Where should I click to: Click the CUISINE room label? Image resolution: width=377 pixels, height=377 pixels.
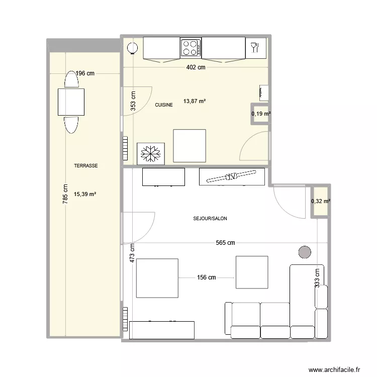click(164, 105)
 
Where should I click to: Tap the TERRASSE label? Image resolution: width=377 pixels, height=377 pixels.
click(86, 166)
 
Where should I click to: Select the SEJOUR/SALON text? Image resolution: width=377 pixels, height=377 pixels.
click(210, 219)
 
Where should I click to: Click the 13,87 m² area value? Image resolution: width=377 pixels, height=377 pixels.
click(195, 101)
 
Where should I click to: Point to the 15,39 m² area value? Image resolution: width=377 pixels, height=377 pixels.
click(85, 194)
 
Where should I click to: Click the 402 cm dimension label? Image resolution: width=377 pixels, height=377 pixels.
click(196, 67)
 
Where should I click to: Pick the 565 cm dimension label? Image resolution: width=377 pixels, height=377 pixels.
click(225, 243)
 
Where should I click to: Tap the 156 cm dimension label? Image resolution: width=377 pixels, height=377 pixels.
click(206, 277)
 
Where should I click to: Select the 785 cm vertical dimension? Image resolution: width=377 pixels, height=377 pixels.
click(65, 194)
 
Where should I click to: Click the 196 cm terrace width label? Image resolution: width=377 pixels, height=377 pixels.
click(85, 73)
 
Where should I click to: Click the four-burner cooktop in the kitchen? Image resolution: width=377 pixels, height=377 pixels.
click(191, 48)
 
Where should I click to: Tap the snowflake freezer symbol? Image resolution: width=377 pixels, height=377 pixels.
click(151, 154)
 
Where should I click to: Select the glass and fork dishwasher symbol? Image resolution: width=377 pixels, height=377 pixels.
click(256, 48)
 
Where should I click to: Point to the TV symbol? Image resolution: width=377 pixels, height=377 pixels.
click(232, 176)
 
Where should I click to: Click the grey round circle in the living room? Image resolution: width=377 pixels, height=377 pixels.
click(305, 252)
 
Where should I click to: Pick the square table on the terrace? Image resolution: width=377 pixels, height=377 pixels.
click(71, 102)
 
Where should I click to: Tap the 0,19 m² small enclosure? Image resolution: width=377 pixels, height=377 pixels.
click(260, 114)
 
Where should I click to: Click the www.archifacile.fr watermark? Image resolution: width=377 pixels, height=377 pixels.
click(334, 369)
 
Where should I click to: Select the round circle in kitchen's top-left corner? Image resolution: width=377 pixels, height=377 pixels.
click(133, 48)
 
